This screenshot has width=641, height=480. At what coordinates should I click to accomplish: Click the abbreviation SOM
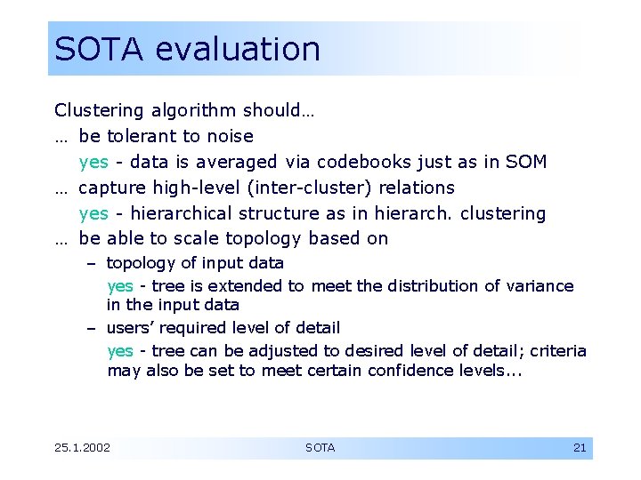[528, 162]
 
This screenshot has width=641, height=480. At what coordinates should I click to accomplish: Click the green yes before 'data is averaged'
[93, 162]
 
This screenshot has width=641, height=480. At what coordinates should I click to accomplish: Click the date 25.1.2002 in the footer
[82, 447]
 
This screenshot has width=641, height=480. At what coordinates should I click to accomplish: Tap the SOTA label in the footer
[320, 447]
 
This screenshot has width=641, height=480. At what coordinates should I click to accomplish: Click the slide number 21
[580, 447]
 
